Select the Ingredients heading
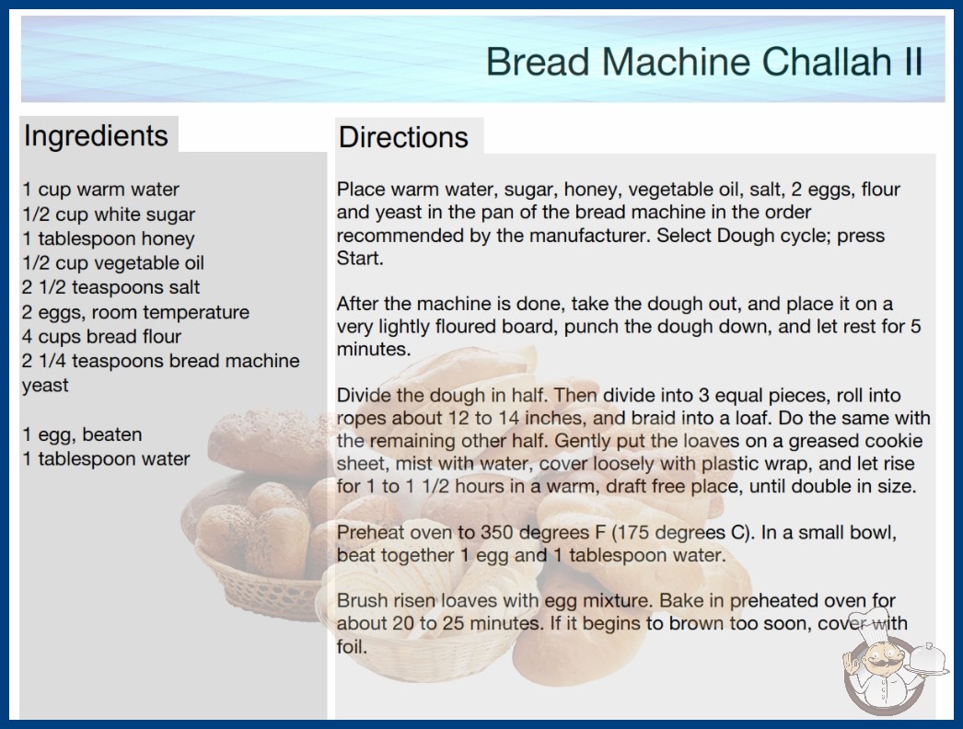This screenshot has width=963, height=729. point(96,135)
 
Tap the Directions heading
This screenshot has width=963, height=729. point(403,137)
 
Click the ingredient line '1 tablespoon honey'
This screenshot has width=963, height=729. point(109,238)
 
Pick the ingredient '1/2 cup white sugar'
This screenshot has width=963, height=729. point(109,214)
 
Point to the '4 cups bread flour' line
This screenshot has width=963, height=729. point(102,337)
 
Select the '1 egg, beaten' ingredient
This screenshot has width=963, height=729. point(82,434)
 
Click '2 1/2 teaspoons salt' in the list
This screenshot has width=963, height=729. point(111,287)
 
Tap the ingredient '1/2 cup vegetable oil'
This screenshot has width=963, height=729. point(113,263)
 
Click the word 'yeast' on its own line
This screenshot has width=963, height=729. point(45,386)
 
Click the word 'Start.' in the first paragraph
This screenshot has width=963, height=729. point(360,259)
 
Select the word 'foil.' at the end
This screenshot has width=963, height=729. point(352,647)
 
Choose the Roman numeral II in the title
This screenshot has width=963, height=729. point(913,62)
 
